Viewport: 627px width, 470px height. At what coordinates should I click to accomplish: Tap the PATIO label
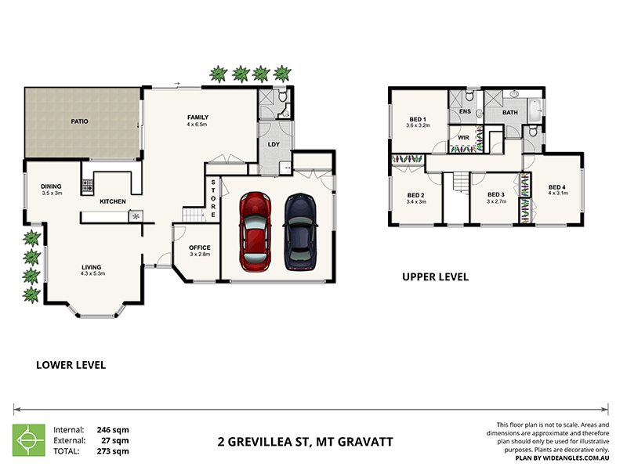tap(79, 122)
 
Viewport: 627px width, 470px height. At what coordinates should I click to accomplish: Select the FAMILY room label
tap(197, 117)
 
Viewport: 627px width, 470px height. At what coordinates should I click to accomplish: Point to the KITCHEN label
tap(113, 202)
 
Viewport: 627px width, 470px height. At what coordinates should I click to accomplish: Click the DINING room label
tap(51, 186)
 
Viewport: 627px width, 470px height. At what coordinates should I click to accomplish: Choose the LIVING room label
tap(92, 267)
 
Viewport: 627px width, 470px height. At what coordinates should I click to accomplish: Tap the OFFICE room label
tap(200, 248)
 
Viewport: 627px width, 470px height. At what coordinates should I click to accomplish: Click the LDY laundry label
tap(274, 144)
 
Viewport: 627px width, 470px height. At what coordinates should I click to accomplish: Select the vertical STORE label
tap(212, 199)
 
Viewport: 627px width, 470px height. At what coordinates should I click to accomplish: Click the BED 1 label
tap(419, 117)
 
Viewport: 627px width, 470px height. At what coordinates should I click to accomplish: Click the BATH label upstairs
tap(510, 113)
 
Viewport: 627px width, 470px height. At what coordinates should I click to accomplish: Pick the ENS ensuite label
tap(465, 112)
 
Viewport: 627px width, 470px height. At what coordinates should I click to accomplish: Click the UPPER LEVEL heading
tap(435, 277)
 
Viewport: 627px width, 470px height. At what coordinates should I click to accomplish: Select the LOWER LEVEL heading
tap(71, 365)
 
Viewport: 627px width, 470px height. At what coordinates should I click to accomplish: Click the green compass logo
tap(28, 440)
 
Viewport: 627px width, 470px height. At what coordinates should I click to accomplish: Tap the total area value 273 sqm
tap(113, 452)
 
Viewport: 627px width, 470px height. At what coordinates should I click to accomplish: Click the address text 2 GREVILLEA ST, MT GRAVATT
tap(305, 442)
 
